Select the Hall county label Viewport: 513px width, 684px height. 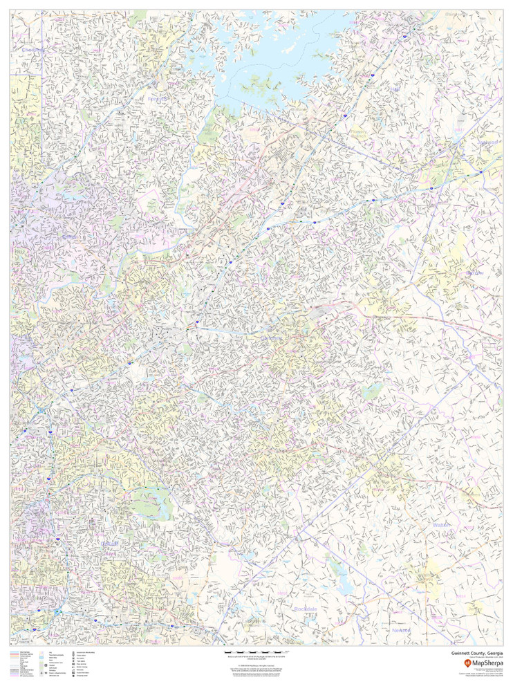point(395,89)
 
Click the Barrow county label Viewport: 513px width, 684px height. point(474,272)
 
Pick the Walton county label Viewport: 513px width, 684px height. point(441,525)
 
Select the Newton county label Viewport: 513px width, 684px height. point(401,630)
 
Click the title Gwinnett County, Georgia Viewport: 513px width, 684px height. point(477,651)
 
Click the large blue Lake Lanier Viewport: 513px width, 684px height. point(277,55)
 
